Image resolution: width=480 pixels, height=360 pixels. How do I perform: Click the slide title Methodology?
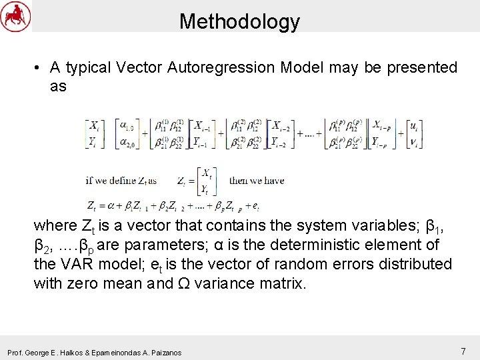239,21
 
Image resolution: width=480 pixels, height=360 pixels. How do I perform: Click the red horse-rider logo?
15,16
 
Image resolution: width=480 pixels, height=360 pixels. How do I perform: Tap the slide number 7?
463,351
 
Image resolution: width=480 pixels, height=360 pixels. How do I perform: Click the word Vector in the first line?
139,67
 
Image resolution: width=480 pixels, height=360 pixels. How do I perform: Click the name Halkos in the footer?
87,352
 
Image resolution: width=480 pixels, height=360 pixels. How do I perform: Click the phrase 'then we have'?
257,180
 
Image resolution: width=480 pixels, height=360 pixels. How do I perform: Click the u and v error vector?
415,133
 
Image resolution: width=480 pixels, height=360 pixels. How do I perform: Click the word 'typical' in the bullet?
87,67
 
